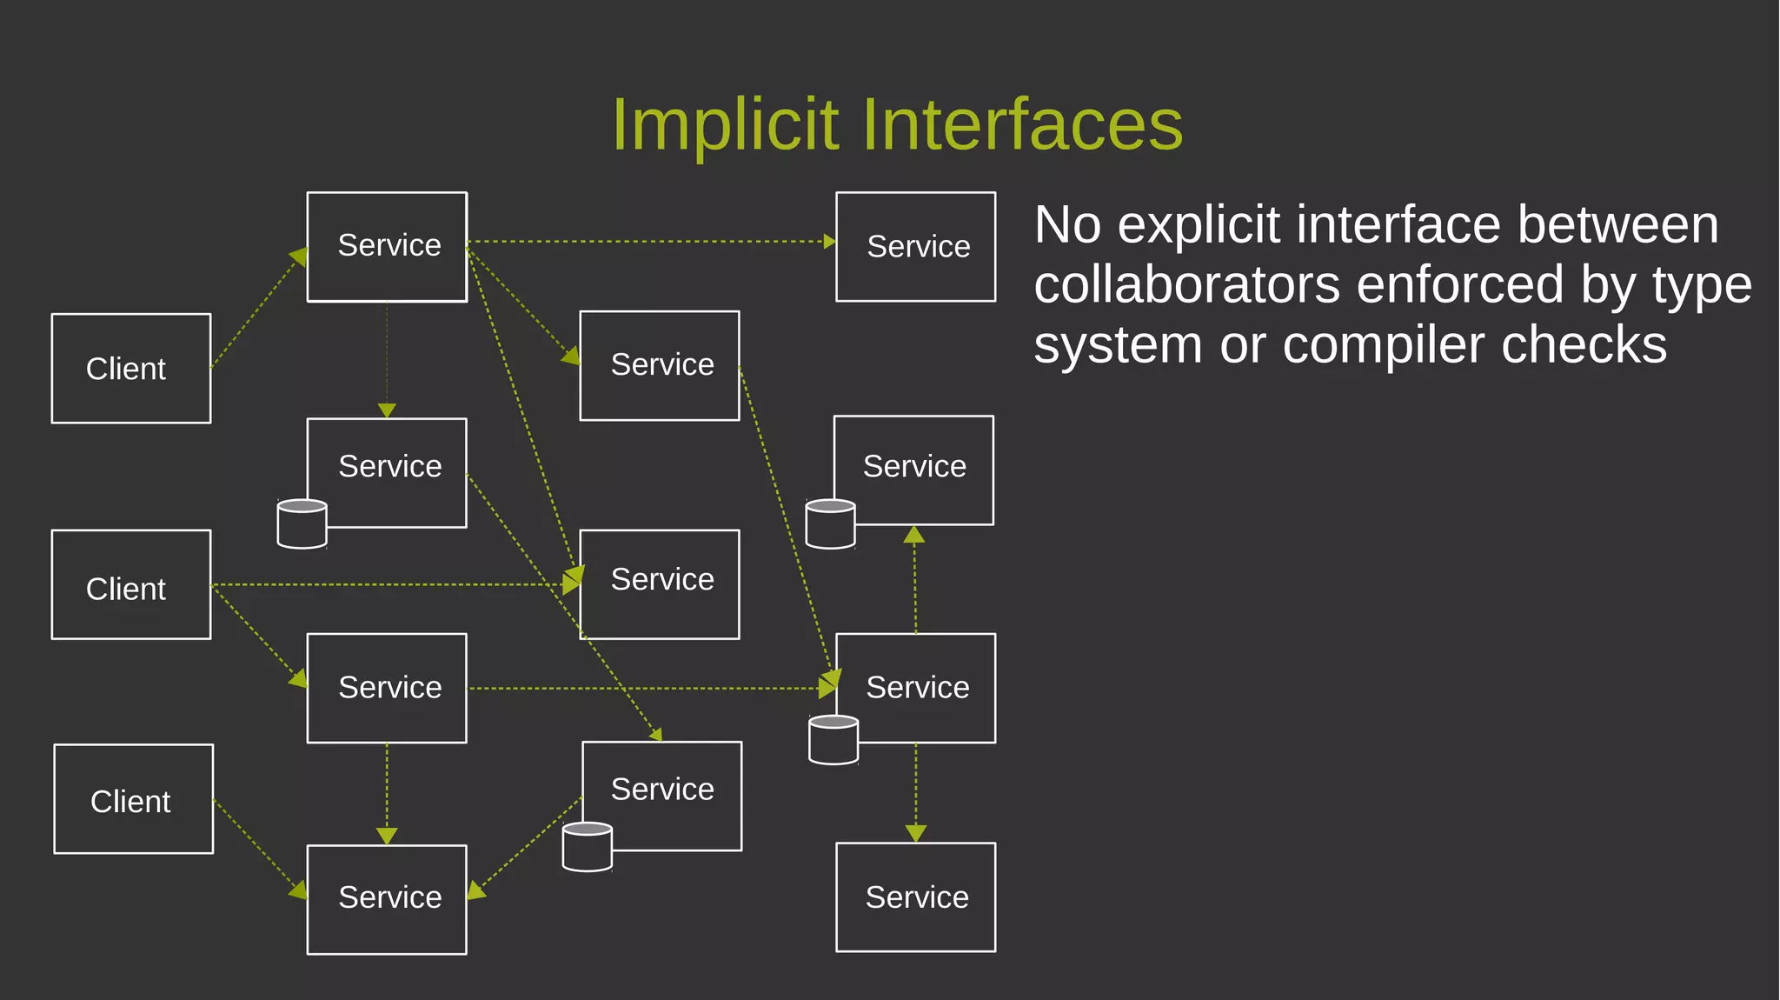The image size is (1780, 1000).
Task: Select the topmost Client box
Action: (x=131, y=369)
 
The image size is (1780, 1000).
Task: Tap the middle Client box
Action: (x=131, y=584)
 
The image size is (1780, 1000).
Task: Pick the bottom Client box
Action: (x=133, y=799)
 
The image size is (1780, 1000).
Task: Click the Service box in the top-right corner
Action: (x=915, y=247)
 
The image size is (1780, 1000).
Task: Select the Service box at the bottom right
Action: (x=915, y=897)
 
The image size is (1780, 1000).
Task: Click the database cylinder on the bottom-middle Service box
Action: (x=588, y=847)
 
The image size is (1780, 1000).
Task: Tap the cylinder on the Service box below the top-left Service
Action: (x=302, y=523)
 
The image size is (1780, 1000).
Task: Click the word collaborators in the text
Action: (x=1187, y=285)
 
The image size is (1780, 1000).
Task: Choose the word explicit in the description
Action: (x=1198, y=225)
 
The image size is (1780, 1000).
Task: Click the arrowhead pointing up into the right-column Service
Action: (x=914, y=534)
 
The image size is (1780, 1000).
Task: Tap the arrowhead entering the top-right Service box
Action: (x=829, y=242)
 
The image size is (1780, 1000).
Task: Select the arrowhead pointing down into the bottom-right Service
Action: (x=915, y=833)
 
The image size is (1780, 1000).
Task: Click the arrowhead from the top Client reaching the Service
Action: (x=298, y=256)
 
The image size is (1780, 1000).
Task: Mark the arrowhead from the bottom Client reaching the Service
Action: (x=298, y=890)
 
